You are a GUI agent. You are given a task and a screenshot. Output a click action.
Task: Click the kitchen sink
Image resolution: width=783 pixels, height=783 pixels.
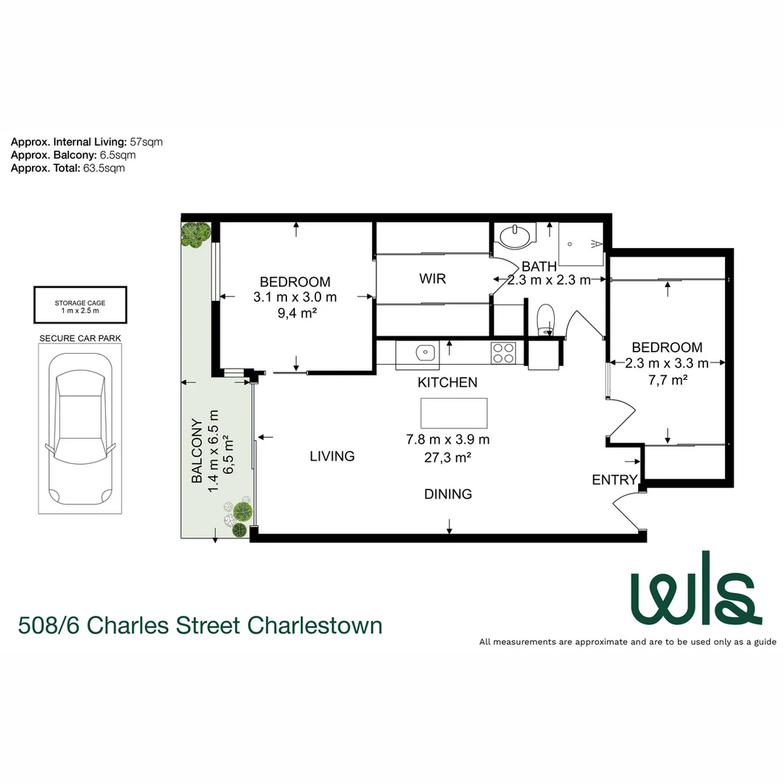click(423, 353)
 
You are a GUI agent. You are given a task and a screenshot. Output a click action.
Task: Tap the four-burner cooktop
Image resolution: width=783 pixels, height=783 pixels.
click(503, 353)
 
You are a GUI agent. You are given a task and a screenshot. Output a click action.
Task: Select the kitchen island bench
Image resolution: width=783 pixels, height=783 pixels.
click(454, 413)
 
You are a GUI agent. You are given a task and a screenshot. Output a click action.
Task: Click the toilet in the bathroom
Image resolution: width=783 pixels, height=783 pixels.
click(545, 319)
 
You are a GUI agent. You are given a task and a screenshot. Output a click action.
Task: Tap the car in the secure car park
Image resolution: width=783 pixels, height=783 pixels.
click(80, 428)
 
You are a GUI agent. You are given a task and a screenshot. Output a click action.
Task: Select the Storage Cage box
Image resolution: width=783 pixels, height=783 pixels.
click(80, 305)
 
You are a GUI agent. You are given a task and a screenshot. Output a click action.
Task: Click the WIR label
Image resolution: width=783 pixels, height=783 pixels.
click(432, 279)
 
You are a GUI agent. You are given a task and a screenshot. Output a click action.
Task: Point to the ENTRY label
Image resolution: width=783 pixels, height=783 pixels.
click(614, 480)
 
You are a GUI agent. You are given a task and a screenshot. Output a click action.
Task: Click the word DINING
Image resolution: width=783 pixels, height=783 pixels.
click(448, 494)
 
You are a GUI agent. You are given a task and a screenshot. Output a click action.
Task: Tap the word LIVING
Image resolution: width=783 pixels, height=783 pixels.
click(332, 457)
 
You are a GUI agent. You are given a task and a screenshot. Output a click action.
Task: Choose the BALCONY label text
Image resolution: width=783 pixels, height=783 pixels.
click(196, 451)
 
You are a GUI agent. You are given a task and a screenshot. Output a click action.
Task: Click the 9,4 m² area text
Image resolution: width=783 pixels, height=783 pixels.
click(295, 313)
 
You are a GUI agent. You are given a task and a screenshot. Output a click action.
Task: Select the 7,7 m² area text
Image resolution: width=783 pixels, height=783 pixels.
click(666, 378)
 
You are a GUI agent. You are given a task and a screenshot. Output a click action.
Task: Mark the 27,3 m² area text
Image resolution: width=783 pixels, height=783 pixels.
click(448, 457)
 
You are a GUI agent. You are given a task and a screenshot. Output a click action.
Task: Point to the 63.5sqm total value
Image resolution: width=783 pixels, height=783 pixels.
click(104, 167)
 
